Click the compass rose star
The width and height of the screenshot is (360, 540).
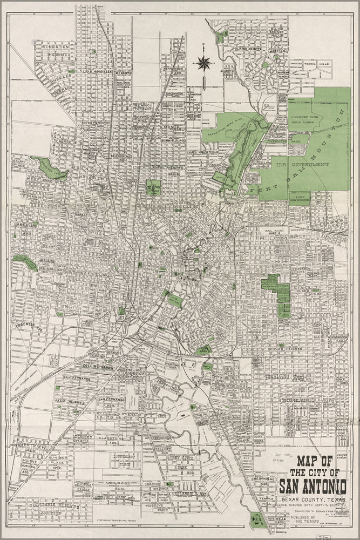point(204,64)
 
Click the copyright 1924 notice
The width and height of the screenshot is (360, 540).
point(115,520)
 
